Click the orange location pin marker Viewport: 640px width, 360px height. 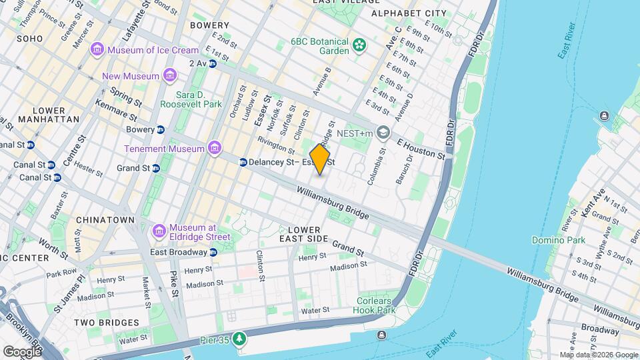pyautogui.click(x=320, y=159)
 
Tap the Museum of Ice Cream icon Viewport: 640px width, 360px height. pyautogui.click(x=98, y=50)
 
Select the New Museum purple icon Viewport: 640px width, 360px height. pyautogui.click(x=169, y=76)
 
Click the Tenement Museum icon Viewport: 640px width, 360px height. pyautogui.click(x=214, y=148)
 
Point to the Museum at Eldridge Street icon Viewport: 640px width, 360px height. pyautogui.click(x=159, y=231)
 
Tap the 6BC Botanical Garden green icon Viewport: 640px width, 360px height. pyautogui.click(x=360, y=45)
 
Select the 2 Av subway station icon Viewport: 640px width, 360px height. pyautogui.click(x=213, y=63)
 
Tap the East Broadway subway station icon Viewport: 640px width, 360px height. pyautogui.click(x=213, y=252)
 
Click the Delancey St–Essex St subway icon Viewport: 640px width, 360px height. pyautogui.click(x=243, y=162)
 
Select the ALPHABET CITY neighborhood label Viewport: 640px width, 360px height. pyautogui.click(x=409, y=13)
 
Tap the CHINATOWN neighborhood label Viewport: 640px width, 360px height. pyautogui.click(x=105, y=219)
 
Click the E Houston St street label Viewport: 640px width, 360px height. pyautogui.click(x=421, y=149)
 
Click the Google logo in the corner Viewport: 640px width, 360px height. pyautogui.click(x=22, y=351)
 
